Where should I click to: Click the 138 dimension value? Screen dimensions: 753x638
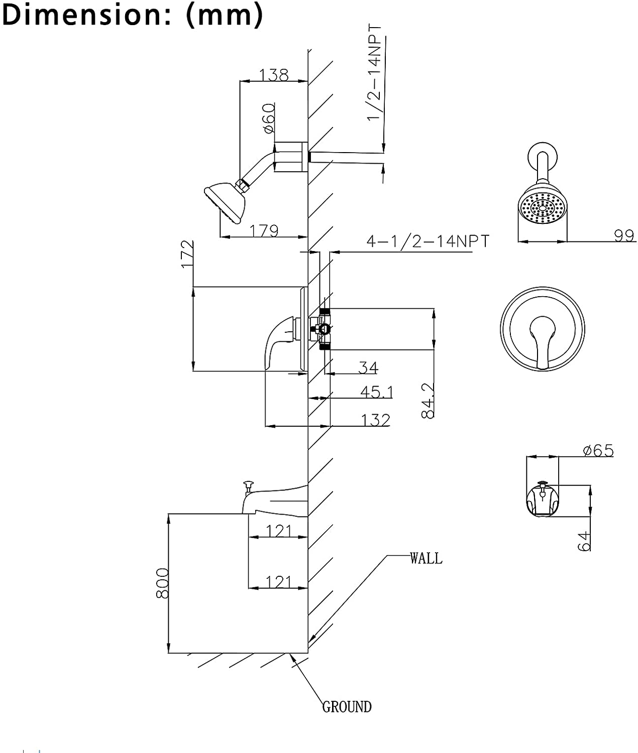274,74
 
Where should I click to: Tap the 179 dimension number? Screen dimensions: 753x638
264,230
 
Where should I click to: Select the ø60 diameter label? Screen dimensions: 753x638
268,118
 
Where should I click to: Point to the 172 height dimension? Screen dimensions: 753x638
186,255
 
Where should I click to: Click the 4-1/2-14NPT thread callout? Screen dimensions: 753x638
427,241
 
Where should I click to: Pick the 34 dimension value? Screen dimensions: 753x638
368,367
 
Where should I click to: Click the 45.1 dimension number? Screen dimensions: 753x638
376,392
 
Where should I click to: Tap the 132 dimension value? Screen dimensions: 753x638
375,420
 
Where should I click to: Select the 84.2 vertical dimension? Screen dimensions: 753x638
428,400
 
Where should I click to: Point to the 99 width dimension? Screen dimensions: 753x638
624,235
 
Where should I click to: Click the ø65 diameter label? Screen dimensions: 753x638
598,450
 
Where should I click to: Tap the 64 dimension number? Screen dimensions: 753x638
584,541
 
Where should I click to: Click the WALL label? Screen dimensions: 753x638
426,558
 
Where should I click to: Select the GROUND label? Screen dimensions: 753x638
347,707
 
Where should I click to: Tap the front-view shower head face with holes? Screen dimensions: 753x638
542,207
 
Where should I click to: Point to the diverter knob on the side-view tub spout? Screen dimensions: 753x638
248,485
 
